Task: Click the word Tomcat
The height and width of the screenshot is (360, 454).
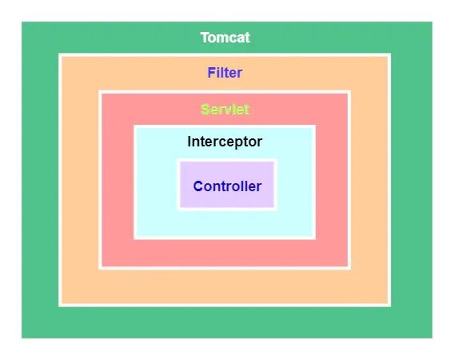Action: (x=225, y=38)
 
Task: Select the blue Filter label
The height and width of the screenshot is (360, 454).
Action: (x=225, y=73)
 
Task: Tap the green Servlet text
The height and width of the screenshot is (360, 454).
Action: (x=225, y=110)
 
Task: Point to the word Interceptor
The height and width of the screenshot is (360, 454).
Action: (x=225, y=142)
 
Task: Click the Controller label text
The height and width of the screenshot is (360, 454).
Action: (x=227, y=186)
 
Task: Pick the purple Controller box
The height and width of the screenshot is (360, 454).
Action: (x=227, y=185)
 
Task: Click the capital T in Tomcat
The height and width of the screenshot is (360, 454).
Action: (x=205, y=38)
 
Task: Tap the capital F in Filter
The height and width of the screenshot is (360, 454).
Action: (x=211, y=73)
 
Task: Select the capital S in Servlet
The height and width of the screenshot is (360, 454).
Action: (x=205, y=110)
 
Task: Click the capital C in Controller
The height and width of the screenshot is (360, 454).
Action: (x=198, y=186)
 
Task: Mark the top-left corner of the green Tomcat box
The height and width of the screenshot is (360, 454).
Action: (x=22, y=22)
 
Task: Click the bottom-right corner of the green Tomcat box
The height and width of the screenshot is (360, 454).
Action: (x=432, y=338)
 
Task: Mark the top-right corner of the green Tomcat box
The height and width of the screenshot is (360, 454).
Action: (x=432, y=22)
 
